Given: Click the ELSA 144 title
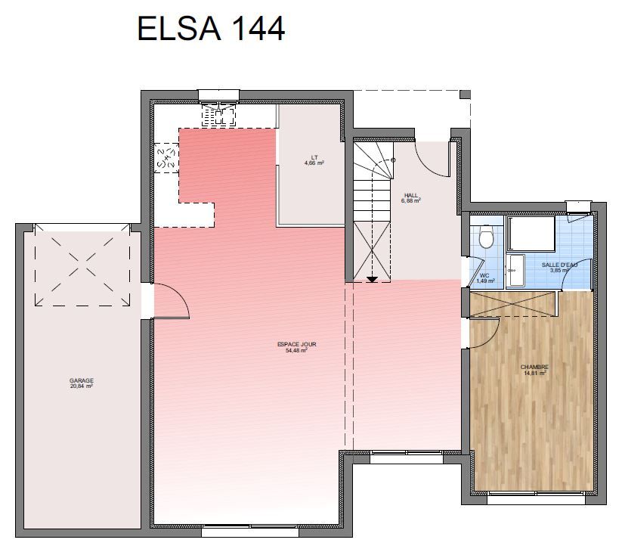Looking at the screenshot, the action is click(x=211, y=29).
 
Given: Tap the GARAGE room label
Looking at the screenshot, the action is click(x=82, y=380).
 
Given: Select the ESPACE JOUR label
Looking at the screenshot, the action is click(x=297, y=345).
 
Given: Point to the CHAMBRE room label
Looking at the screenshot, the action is click(x=534, y=368).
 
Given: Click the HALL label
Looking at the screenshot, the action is click(x=411, y=195).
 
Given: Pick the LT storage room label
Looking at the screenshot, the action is click(x=314, y=157).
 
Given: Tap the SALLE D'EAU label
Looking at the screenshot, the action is click(x=559, y=265).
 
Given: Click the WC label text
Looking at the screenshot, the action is click(x=484, y=275).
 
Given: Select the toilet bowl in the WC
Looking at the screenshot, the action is click(x=485, y=236).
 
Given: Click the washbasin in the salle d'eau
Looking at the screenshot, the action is click(x=515, y=270).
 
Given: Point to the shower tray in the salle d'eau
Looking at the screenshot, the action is click(x=531, y=234).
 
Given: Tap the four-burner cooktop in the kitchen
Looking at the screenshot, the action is click(x=166, y=158).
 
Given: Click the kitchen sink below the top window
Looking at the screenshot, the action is click(x=218, y=115).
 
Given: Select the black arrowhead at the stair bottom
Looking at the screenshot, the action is click(x=372, y=279).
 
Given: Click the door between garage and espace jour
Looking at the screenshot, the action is click(x=172, y=301).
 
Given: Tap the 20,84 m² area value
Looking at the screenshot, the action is click(x=82, y=386).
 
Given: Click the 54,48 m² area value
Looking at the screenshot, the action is click(x=297, y=351).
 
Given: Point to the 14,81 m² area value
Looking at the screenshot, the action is click(x=535, y=373).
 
